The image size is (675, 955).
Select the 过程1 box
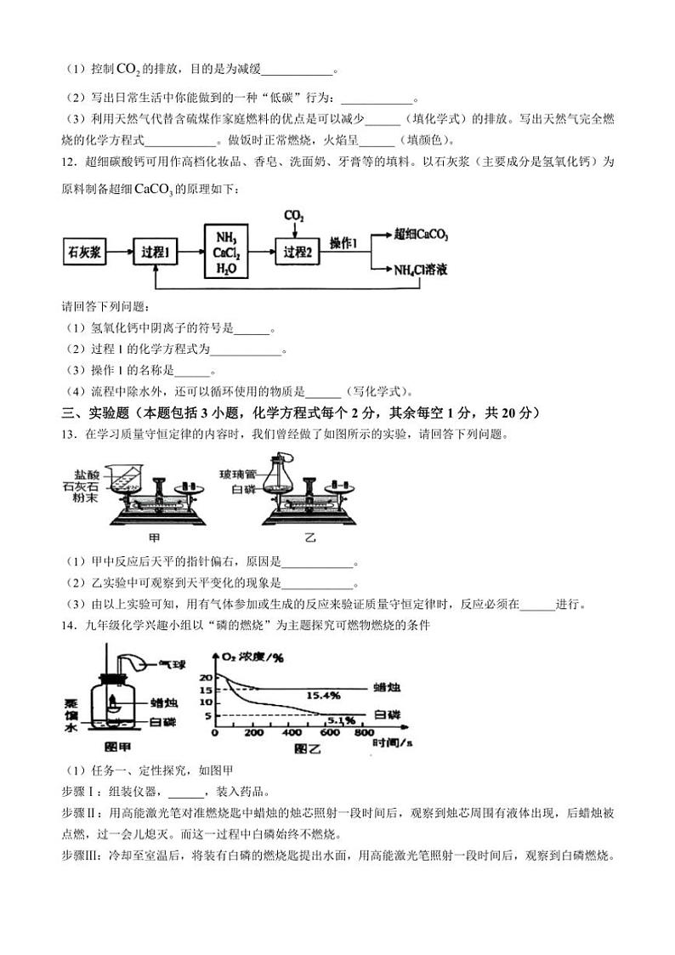pyautogui.click(x=158, y=252)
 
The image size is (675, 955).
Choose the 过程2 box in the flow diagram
pyautogui.click(x=298, y=252)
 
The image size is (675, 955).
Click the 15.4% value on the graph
pyautogui.click(x=323, y=695)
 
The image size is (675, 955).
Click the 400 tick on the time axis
pyautogui.click(x=292, y=734)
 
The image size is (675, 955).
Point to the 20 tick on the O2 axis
pyautogui.click(x=204, y=676)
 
